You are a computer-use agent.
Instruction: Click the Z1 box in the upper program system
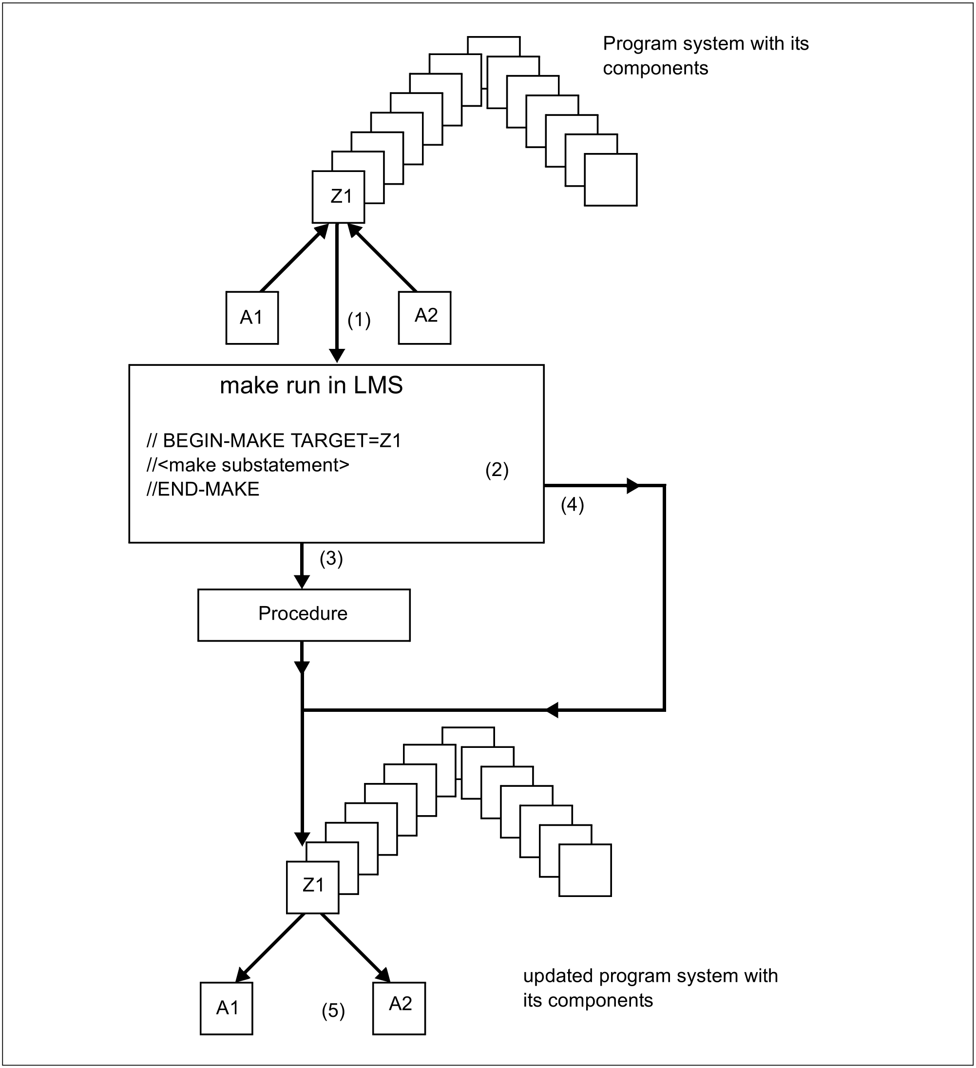339,196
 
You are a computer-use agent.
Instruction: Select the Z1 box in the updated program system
313,887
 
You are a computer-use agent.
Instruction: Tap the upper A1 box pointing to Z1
252,318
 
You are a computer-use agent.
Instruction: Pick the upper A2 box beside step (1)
425,318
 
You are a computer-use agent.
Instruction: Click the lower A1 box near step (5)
227,1009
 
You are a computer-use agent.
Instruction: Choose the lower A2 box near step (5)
400,1009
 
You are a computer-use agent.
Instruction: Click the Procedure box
304,615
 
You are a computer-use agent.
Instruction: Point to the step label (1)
359,320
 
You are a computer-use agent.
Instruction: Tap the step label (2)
497,470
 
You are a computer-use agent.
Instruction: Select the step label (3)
331,558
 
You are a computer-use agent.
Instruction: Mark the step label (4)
572,504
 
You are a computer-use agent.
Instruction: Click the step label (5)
333,1011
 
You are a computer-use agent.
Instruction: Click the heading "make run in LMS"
311,385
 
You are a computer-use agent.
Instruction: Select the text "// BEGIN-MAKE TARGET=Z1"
274,440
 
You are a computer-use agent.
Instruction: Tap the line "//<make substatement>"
248,465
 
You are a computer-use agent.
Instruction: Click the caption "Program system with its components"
706,56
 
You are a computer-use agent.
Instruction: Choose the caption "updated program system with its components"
651,988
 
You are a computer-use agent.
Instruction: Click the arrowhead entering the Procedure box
302,582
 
